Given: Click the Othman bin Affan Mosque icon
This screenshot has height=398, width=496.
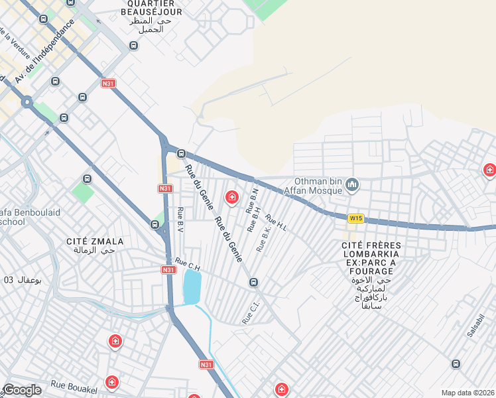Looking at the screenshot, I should pyautogui.click(x=352, y=185).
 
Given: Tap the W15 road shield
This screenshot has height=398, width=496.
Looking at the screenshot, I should pyautogui.click(x=356, y=218).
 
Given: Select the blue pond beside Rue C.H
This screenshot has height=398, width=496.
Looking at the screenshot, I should pyautogui.click(x=192, y=287).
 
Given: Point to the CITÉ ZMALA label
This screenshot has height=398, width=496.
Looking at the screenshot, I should pyautogui.click(x=92, y=241).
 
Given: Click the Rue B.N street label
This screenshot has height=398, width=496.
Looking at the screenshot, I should pyautogui.click(x=252, y=199).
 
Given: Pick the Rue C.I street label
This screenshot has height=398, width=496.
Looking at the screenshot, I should pyautogui.click(x=251, y=314).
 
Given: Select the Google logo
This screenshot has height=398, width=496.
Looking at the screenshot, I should pyautogui.click(x=22, y=389).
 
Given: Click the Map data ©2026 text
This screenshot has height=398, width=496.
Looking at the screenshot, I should pyautogui.click(x=467, y=393).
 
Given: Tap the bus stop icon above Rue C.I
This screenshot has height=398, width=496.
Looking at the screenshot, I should pyautogui.click(x=253, y=283).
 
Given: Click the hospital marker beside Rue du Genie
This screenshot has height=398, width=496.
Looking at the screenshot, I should pyautogui.click(x=231, y=196).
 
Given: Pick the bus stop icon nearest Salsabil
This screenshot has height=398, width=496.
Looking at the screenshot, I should pyautogui.click(x=456, y=364).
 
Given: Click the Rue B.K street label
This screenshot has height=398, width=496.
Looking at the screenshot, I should pyautogui.click(x=264, y=239).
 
